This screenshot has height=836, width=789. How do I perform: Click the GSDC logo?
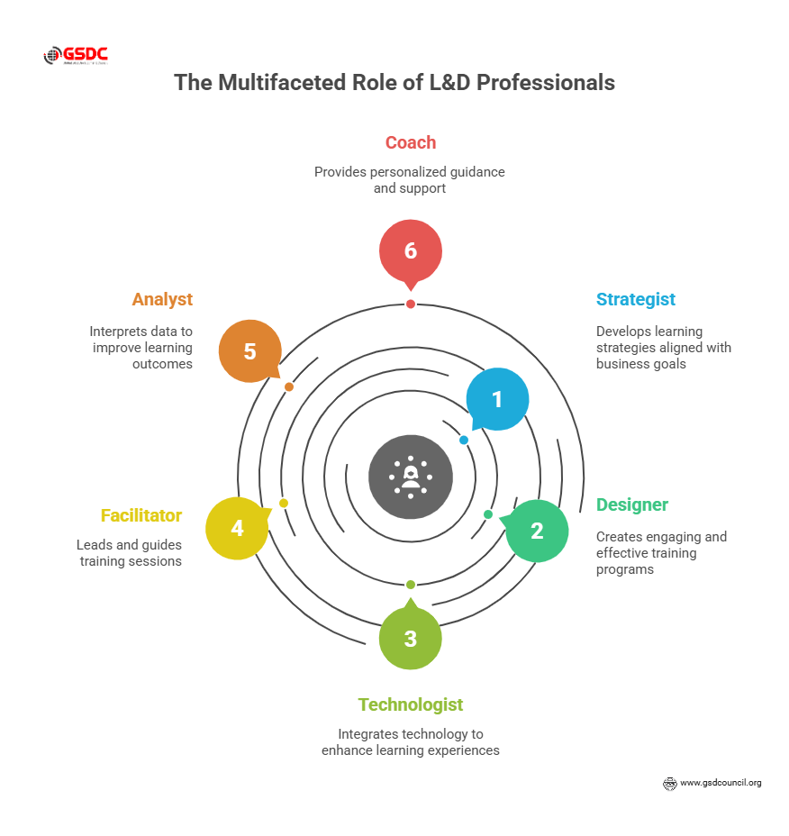76,56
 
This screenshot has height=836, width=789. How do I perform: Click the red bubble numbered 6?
411,250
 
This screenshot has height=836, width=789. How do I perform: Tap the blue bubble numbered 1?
497,399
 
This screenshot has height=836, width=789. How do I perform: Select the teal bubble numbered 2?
537,532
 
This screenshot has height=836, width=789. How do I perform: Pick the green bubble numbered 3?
411,639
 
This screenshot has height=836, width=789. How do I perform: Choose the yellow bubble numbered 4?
237,528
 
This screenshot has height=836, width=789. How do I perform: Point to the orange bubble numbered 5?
250,351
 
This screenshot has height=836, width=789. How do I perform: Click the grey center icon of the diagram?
411,477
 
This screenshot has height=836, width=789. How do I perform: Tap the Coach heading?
411,142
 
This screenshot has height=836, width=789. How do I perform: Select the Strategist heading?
636,299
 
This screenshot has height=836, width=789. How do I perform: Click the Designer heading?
632,504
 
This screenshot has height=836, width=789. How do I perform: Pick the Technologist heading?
411,704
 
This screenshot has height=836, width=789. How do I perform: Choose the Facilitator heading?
141,516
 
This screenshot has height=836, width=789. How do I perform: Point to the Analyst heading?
162,299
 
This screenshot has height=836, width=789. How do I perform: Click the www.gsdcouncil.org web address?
721,783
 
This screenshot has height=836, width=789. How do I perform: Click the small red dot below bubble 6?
411,304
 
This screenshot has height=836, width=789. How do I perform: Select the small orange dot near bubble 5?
289,386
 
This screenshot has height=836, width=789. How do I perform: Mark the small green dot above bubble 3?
411,585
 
